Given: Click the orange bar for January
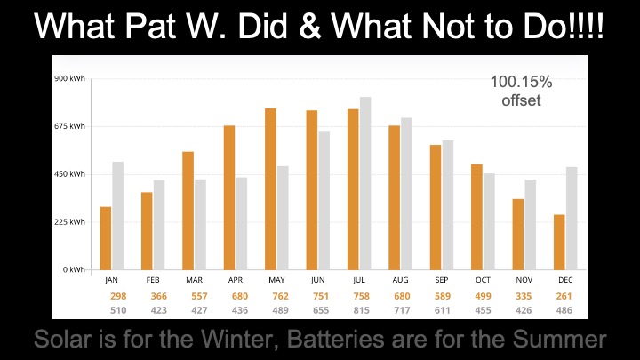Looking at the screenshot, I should point(106,238).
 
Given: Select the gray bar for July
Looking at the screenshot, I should point(365,183).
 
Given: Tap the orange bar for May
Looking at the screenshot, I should point(270,188).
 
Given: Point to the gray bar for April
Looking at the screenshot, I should point(242,223).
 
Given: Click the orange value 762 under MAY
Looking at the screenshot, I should point(276,296).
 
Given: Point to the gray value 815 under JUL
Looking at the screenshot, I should point(359,310).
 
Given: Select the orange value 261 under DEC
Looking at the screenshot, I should point(565,296).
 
